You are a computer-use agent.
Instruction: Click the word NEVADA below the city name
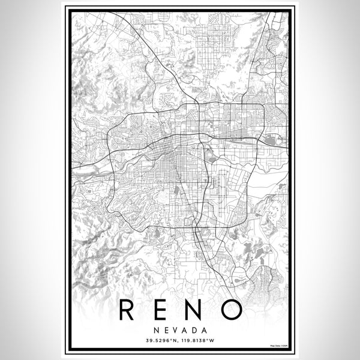pyautogui.click(x=180, y=331)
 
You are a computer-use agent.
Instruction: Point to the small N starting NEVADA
pyautogui.click(x=155, y=331)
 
